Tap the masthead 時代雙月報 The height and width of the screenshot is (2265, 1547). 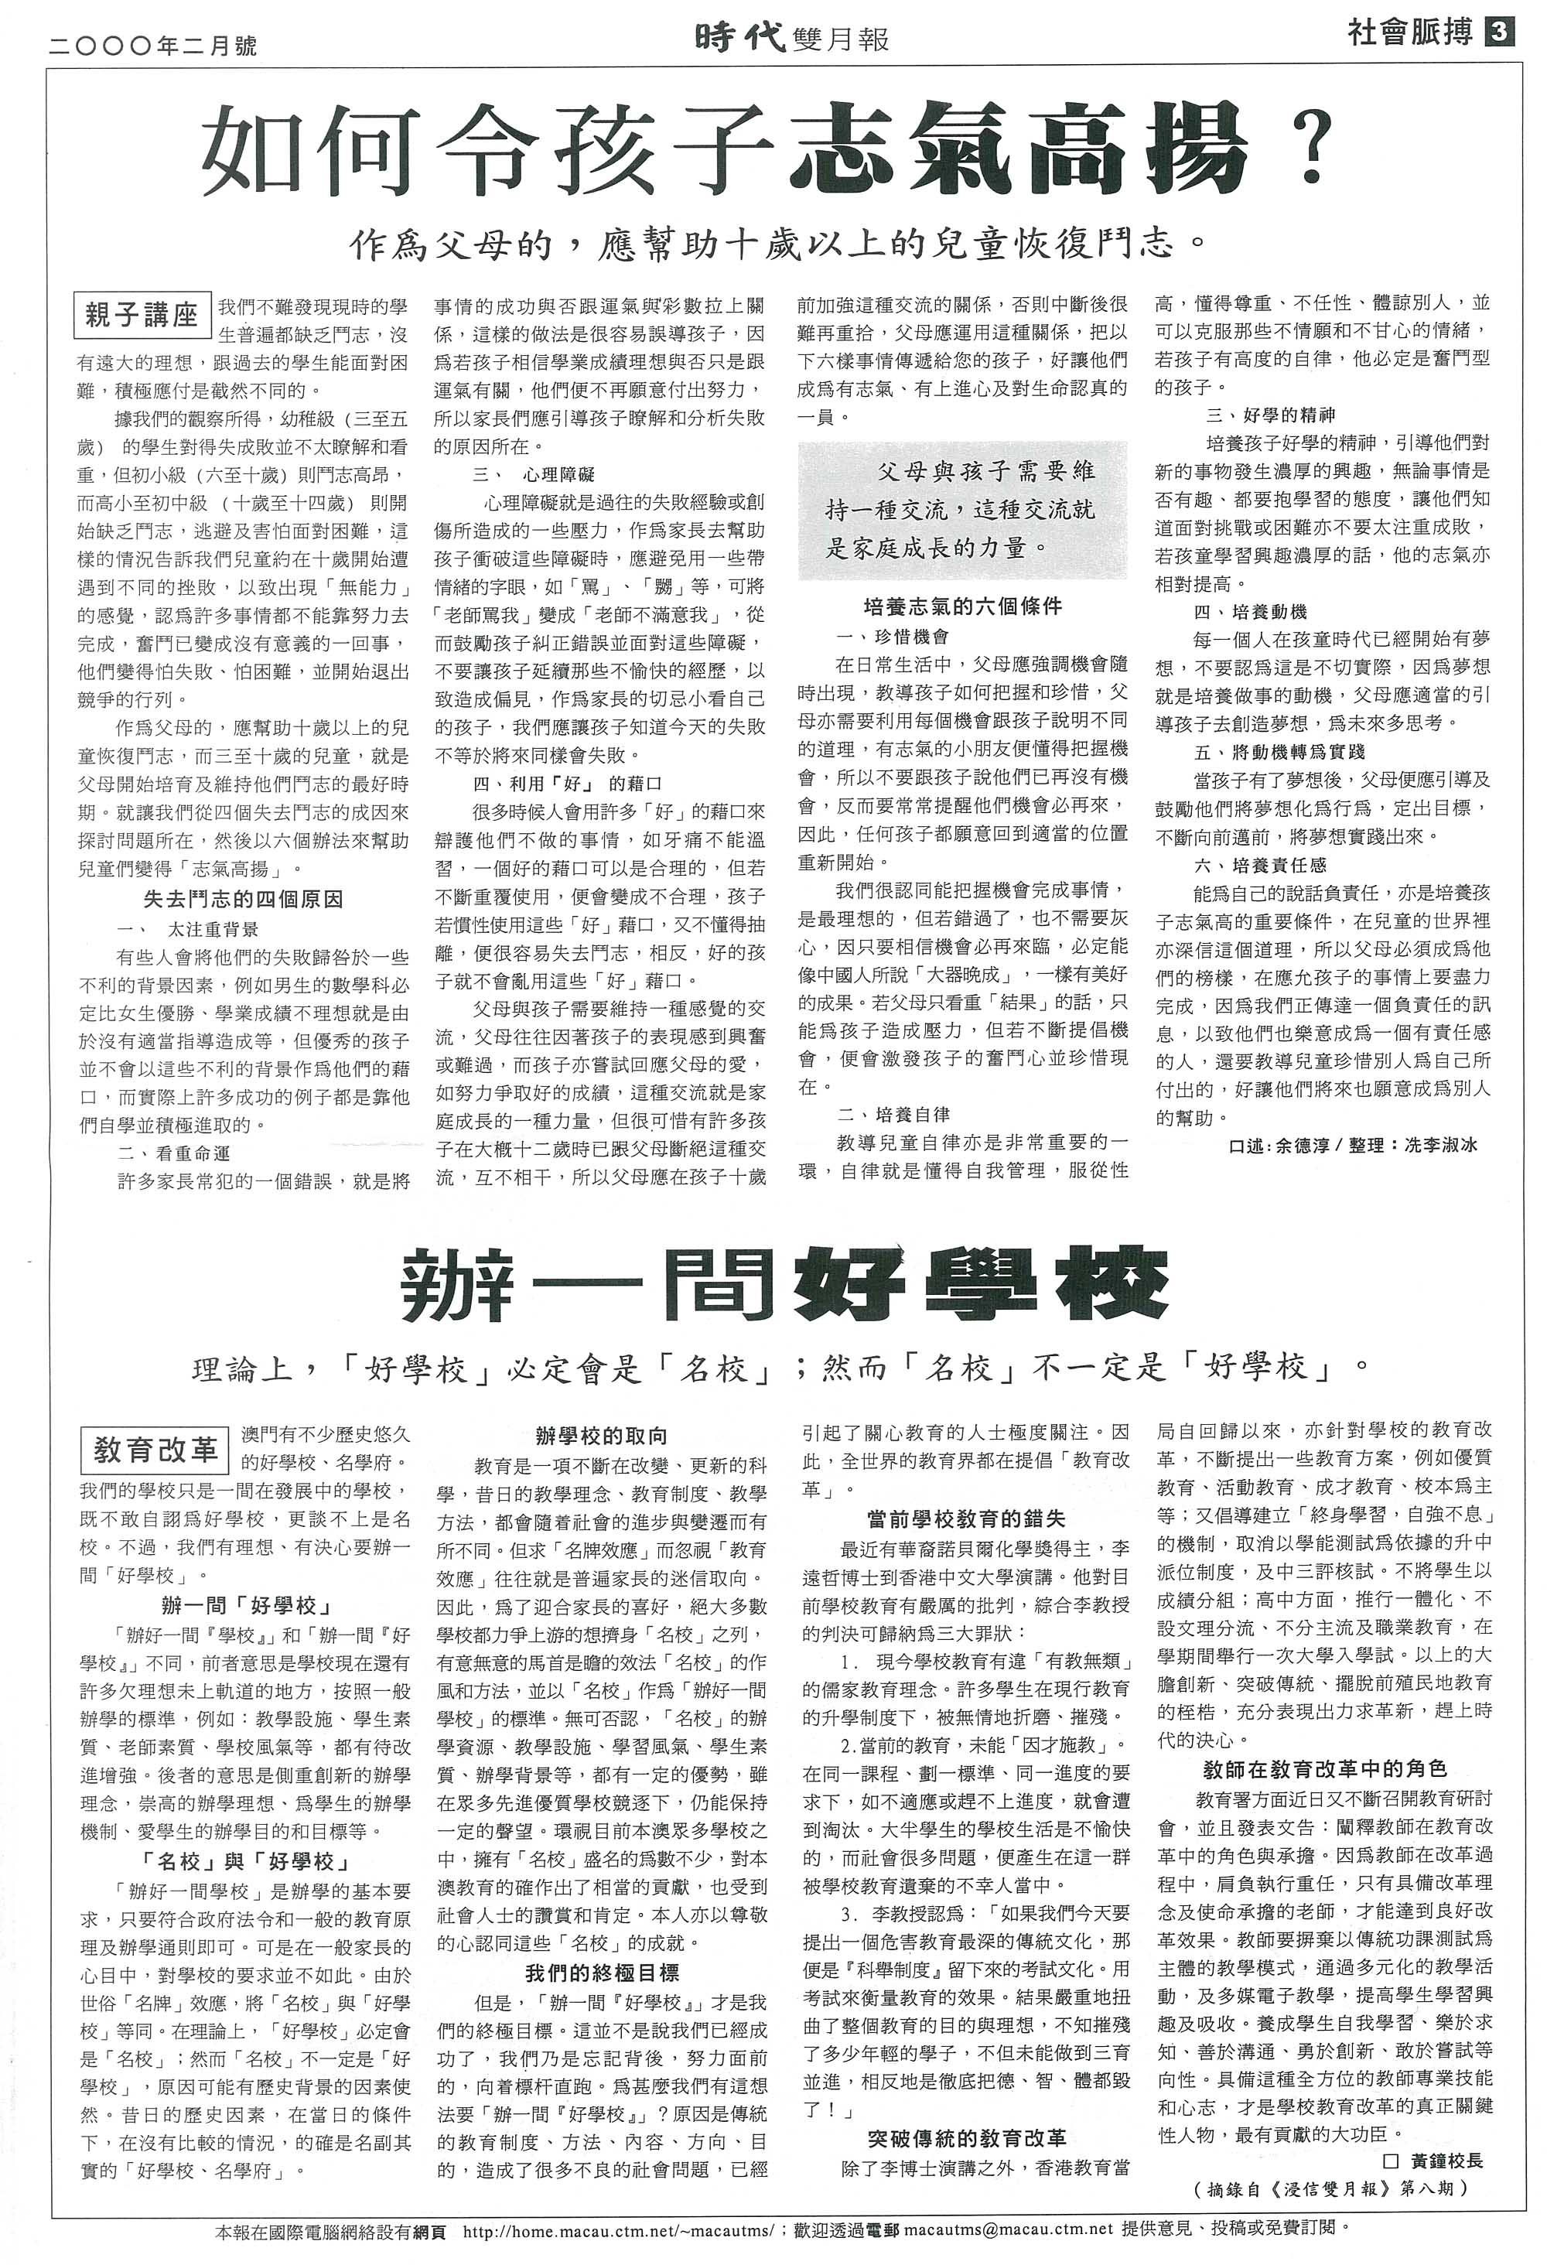(x=791, y=38)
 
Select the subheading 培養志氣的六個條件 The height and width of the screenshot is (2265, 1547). (x=962, y=606)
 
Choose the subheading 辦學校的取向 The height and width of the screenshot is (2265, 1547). (x=602, y=1436)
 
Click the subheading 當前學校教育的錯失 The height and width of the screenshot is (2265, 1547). (x=965, y=1518)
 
